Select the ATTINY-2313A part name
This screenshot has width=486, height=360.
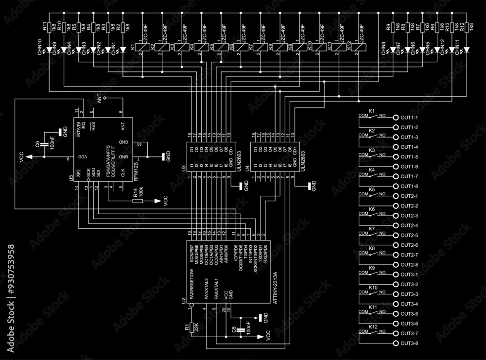pos(276,288)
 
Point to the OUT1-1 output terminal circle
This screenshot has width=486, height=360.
pos(396,118)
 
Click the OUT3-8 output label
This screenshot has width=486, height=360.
pos(409,343)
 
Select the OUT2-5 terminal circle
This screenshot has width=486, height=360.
pos(396,235)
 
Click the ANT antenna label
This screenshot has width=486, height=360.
pos(100,100)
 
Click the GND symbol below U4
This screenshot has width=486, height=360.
pos(310,185)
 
